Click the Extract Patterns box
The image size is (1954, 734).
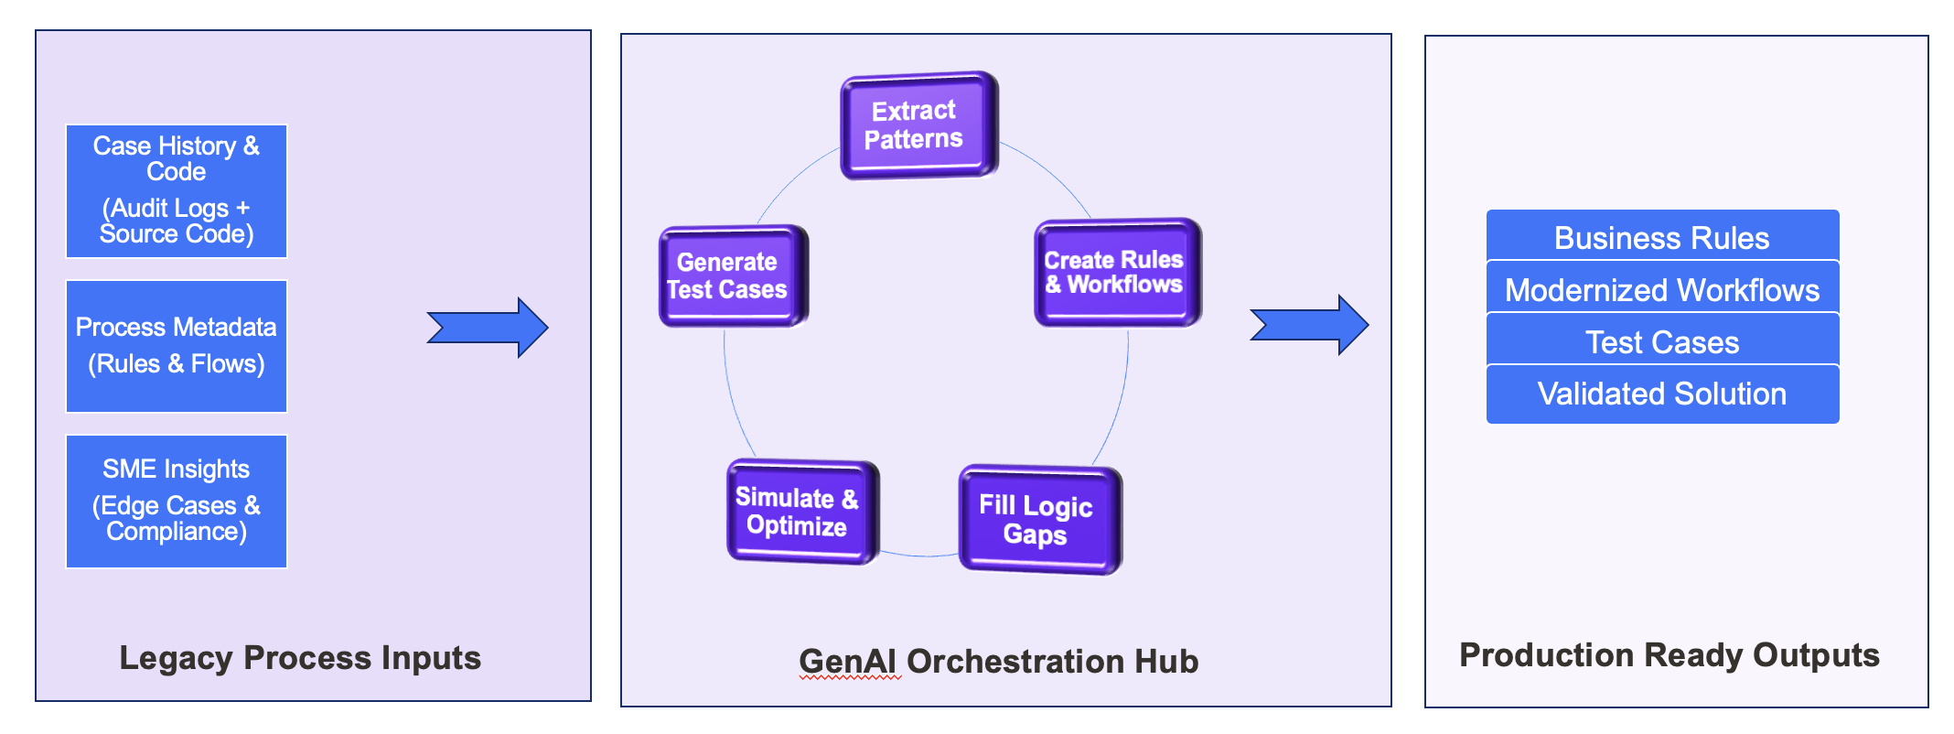(918, 125)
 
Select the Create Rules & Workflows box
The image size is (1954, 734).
(1116, 273)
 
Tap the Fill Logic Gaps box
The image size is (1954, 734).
(1038, 520)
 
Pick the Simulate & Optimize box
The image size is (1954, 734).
(800, 512)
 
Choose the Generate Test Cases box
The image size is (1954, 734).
(732, 276)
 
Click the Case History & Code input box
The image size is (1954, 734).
(177, 191)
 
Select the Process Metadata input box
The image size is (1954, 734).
(177, 346)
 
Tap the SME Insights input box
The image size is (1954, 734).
(177, 501)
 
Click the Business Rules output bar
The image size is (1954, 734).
(1662, 237)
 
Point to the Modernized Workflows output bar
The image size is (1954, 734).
(1662, 289)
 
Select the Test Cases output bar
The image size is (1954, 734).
(1662, 341)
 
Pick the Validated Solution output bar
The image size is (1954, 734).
(1662, 394)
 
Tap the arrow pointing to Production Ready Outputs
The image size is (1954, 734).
(1309, 325)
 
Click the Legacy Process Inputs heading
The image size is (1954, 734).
(300, 657)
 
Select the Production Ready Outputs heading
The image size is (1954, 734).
(1669, 654)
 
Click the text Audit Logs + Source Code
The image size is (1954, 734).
(177, 221)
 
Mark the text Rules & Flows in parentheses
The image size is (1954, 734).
(177, 363)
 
